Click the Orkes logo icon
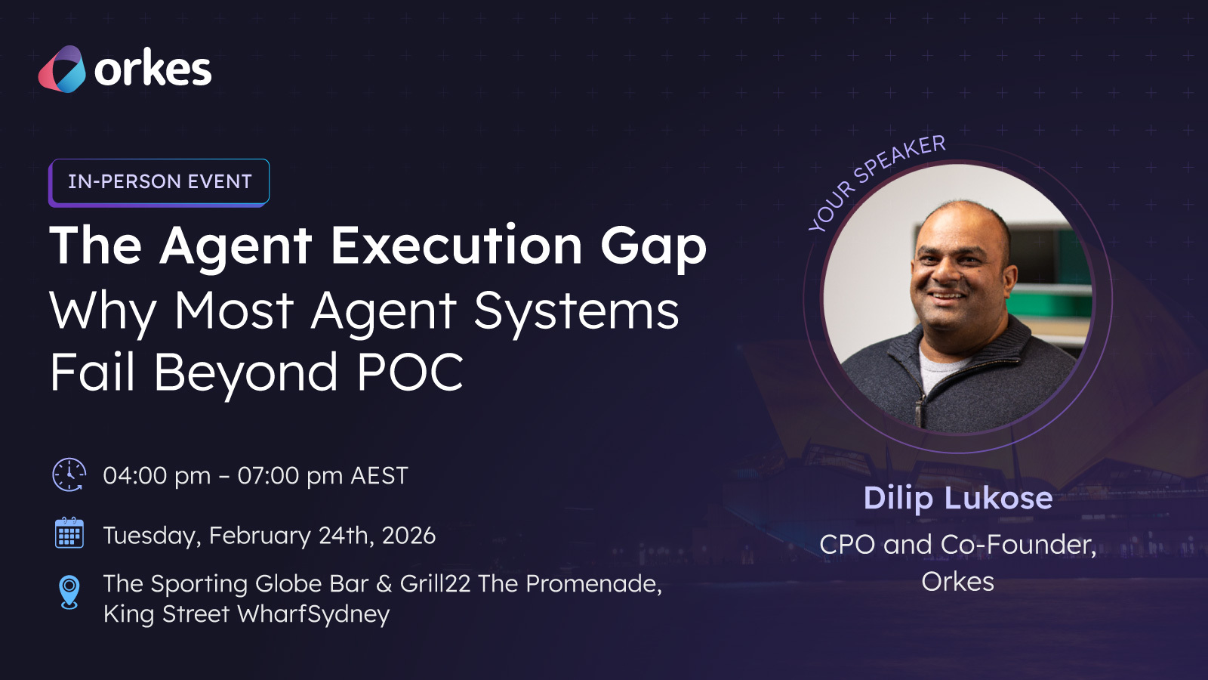[x=61, y=69]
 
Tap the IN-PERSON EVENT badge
[x=159, y=182]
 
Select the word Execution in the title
[x=456, y=245]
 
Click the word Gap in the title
[x=653, y=249]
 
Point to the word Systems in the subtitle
[x=576, y=313]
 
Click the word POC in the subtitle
[x=410, y=372]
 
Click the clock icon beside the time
[x=69, y=475]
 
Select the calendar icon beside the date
[x=69, y=533]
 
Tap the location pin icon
[x=69, y=592]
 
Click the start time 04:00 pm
[x=157, y=476]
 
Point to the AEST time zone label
[x=379, y=476]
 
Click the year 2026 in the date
[x=408, y=536]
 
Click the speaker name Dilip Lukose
[x=958, y=498]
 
